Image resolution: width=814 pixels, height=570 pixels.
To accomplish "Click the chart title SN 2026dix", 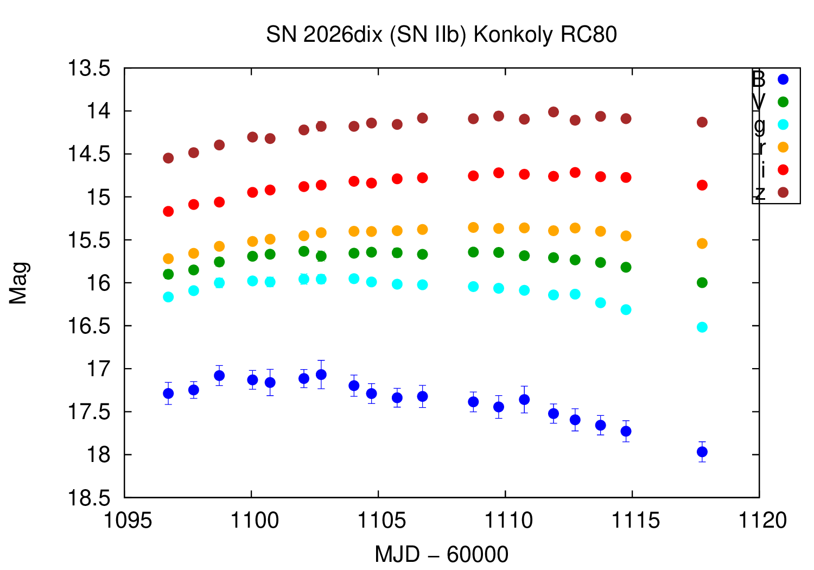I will point(441,35).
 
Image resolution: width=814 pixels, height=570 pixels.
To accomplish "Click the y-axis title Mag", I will point(19,283).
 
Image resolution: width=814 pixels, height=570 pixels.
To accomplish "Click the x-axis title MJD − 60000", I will point(441,555).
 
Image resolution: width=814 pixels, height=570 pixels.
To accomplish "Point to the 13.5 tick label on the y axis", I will point(88,69).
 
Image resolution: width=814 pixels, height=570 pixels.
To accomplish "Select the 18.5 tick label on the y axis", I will point(88,498).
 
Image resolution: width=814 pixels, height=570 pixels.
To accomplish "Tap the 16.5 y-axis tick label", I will point(88,326).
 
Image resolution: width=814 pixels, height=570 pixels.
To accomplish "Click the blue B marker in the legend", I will point(783,79).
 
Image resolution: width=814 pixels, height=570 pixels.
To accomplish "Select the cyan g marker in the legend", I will point(783,125).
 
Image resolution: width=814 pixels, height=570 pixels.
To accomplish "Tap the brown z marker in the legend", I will point(783,193).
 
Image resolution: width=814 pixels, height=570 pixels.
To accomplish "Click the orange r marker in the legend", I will point(783,147).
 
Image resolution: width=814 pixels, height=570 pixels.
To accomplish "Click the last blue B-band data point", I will point(702,452).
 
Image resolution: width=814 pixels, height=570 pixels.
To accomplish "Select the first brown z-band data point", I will point(168,158).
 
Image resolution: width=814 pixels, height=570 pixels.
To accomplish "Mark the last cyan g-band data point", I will point(702,327).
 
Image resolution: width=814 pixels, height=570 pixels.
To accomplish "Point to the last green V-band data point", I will point(702,283).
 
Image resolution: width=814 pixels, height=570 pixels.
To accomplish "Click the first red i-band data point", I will point(168,211).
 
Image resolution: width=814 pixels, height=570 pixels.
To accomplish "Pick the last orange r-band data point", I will point(702,243).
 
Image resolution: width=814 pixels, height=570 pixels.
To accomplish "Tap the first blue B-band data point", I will point(168,393).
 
